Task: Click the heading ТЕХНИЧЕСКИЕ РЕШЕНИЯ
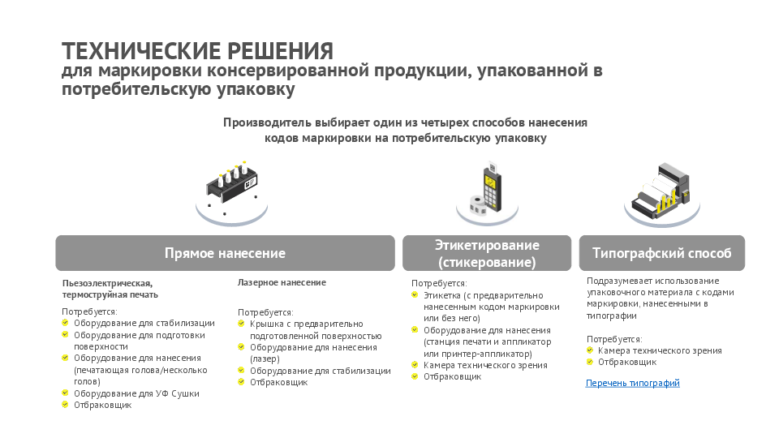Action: (197, 51)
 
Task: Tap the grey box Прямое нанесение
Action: (225, 253)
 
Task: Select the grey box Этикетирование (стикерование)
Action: (486, 253)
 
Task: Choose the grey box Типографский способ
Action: (661, 253)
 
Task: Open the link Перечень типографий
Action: (632, 383)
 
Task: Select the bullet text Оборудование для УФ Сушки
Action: (136, 393)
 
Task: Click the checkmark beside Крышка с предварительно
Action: (241, 324)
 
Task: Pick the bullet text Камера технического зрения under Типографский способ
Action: (660, 350)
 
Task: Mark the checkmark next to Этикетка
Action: (415, 295)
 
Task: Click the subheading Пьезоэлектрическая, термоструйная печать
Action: (107, 288)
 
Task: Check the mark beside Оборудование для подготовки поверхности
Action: (66, 334)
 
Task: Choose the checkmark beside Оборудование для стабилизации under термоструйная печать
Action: (66, 323)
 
